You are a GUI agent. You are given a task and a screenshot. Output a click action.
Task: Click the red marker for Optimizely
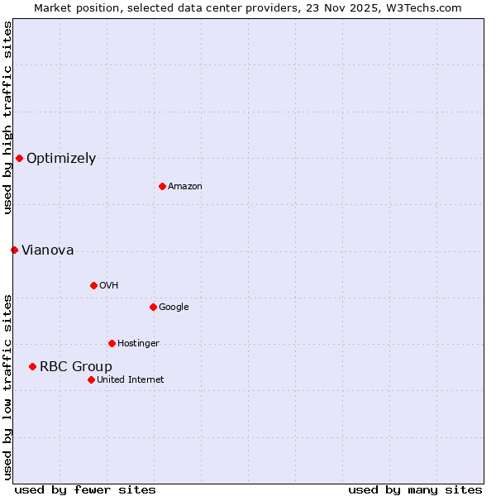click(19, 158)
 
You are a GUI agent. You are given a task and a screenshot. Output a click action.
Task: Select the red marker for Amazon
click(162, 186)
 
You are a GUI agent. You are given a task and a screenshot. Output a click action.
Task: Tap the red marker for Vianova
click(14, 250)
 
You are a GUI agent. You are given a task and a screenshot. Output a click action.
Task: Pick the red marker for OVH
click(93, 285)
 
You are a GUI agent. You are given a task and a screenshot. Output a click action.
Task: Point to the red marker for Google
click(153, 307)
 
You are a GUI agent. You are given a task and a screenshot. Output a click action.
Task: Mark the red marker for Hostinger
click(112, 343)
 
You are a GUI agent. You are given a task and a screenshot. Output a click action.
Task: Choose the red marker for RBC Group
click(32, 366)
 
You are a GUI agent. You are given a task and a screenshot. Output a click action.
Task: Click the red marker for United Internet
click(91, 379)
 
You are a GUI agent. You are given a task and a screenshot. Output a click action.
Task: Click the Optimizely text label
click(61, 159)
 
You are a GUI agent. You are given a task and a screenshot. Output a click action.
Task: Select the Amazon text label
click(185, 187)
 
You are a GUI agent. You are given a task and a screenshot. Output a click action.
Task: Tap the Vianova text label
click(47, 250)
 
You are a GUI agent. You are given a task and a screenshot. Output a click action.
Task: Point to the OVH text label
click(109, 286)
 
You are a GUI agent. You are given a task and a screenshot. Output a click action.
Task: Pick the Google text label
click(174, 308)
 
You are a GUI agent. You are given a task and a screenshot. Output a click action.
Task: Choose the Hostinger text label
click(138, 344)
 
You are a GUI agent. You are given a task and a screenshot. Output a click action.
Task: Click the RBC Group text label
click(76, 367)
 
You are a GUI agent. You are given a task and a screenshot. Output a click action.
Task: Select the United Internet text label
click(131, 380)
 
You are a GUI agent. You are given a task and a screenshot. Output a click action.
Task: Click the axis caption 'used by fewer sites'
click(85, 489)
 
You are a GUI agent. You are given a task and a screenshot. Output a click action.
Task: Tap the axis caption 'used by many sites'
click(415, 489)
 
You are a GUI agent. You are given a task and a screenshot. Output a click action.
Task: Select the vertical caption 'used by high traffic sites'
click(7, 117)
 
